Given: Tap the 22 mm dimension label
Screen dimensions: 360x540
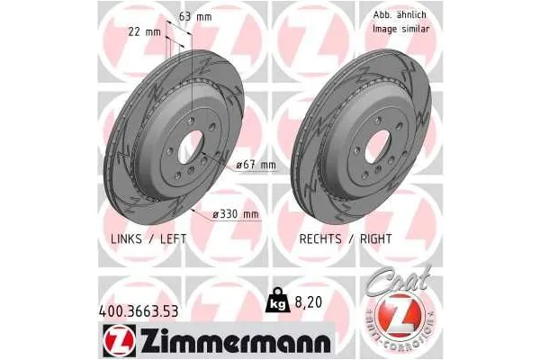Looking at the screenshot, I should [144, 31].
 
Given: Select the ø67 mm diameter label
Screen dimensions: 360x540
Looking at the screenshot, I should [256, 165].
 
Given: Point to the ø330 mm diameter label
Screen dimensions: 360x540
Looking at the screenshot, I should [235, 213].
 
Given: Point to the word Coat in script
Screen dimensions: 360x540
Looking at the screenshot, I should [399, 281].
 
